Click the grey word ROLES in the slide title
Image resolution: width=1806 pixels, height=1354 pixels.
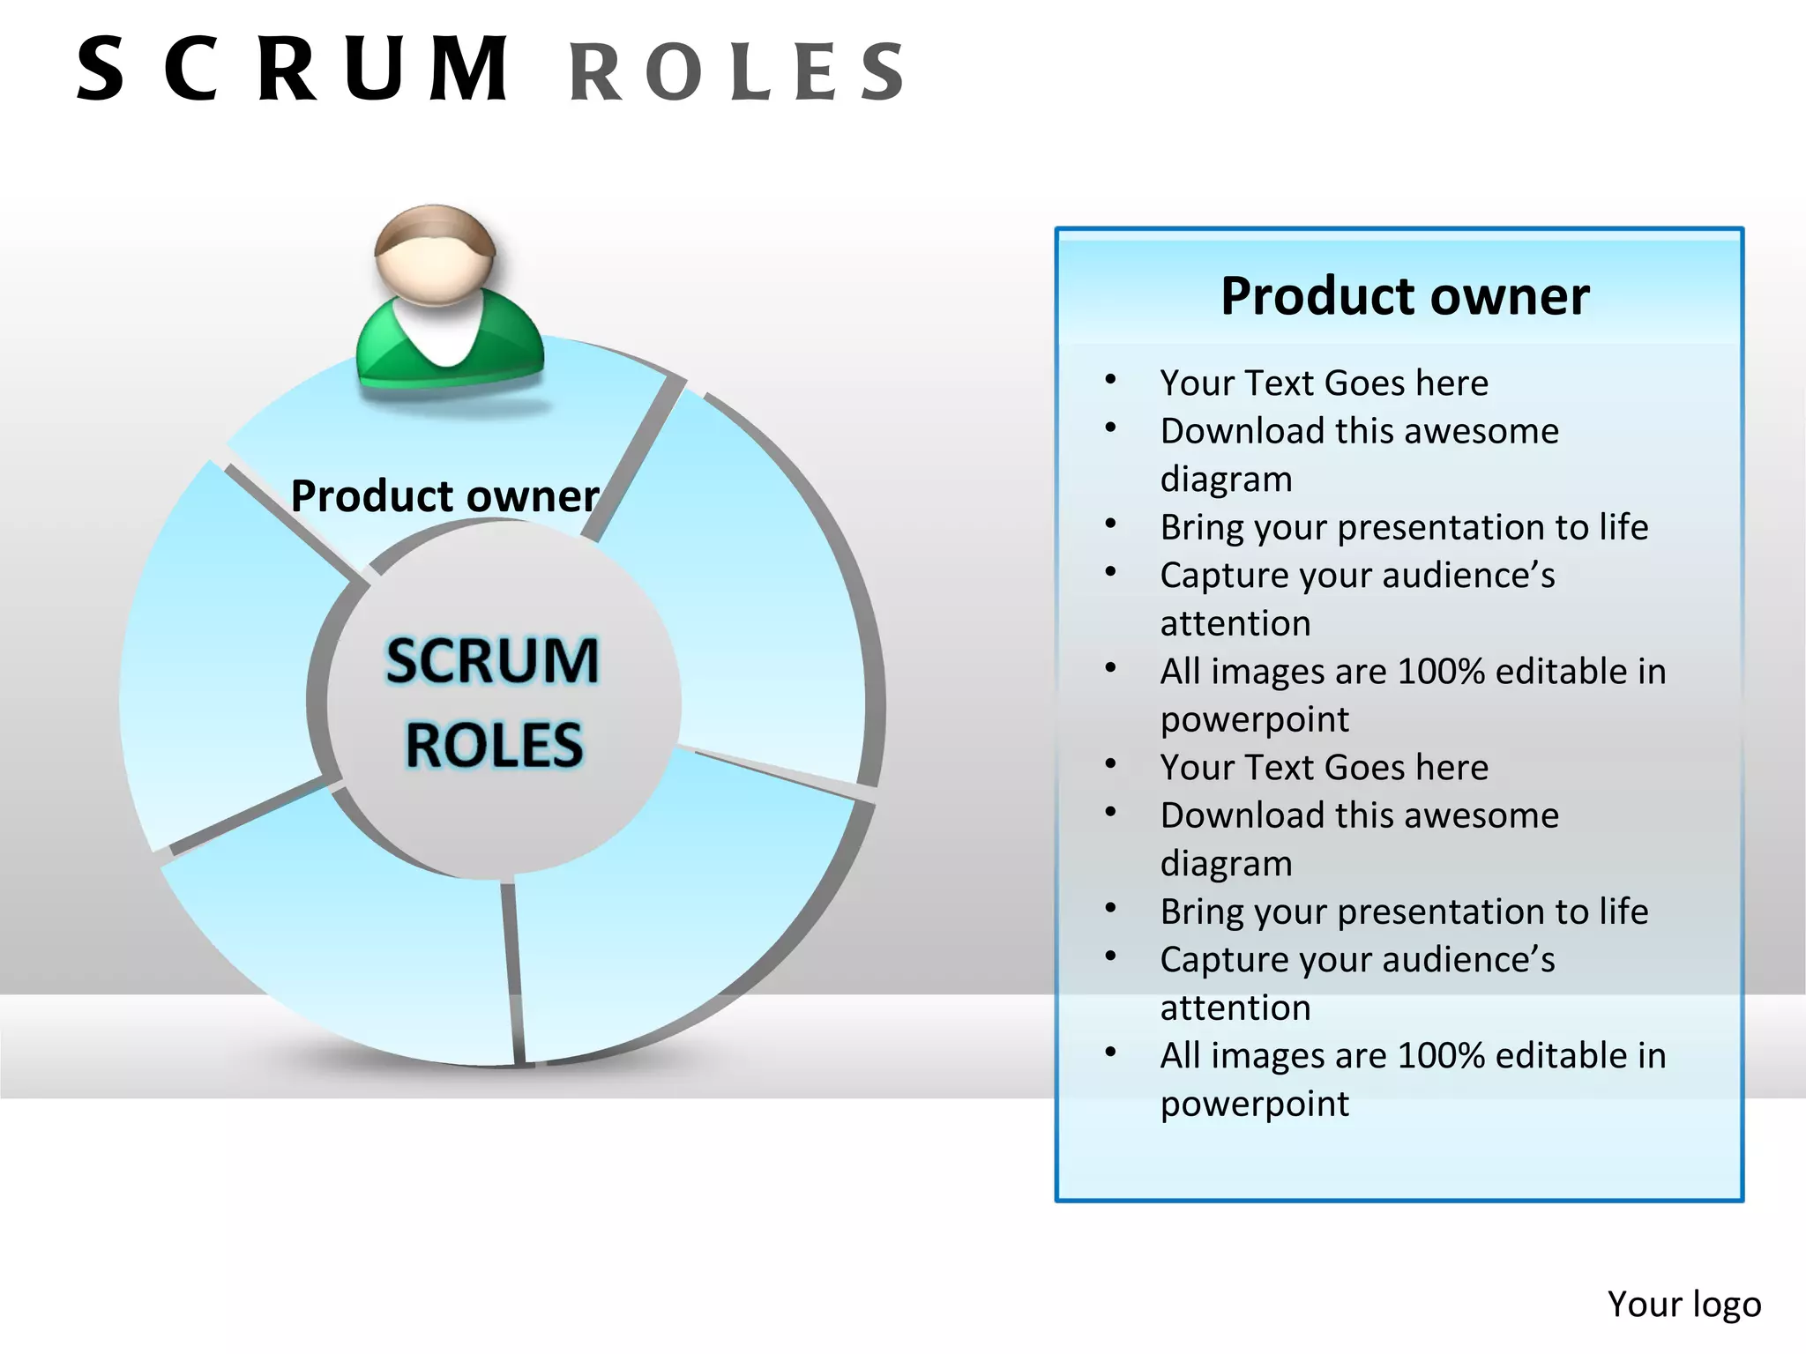[737, 72]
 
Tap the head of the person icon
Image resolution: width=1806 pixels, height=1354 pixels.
[434, 256]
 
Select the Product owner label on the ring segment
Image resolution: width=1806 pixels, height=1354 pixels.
[444, 496]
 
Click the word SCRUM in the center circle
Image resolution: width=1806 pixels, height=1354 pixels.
[492, 661]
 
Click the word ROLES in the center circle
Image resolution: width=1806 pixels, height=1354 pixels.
[494, 746]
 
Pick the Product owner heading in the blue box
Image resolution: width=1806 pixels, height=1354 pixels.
[1404, 296]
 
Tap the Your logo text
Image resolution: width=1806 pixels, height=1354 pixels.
[1683, 1304]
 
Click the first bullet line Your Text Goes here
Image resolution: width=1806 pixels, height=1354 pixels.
[1323, 383]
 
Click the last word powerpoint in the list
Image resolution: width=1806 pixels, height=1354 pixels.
[1254, 1104]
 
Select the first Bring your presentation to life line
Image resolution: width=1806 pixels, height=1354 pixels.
[1403, 527]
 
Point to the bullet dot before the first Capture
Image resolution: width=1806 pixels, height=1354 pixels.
[1110, 572]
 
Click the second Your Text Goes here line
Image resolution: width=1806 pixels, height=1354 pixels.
[1323, 768]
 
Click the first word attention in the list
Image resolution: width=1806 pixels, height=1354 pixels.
[1235, 624]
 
